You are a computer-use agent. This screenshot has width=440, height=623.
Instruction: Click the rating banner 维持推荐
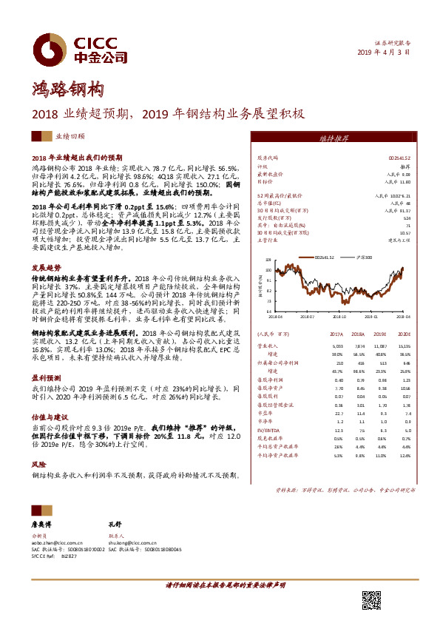click(x=347, y=138)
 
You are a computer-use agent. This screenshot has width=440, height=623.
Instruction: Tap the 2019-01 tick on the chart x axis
click(x=379, y=315)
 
